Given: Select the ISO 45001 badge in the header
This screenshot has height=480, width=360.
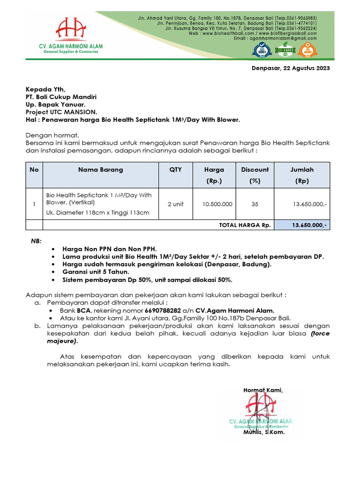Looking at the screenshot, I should point(308,50).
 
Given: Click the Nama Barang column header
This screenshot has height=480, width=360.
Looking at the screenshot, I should point(100,170).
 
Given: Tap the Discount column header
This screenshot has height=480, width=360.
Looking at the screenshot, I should point(255,170).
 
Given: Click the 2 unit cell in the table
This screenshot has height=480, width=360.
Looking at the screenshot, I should point(176,204).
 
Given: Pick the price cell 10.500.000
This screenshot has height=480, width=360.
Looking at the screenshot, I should point(217,204).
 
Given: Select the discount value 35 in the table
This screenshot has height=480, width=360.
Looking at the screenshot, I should point(255,204).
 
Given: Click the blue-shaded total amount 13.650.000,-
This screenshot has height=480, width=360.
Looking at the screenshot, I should point(302,225).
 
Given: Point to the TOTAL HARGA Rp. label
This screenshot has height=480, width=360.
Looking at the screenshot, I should point(245,225).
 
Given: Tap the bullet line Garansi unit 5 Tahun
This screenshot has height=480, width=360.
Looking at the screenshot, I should point(96,271).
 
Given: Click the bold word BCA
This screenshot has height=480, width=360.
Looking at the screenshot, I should point(84,310).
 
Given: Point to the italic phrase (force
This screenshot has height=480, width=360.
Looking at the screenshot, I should point(320,333).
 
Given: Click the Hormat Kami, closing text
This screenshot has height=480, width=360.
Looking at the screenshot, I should point(263,390).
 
